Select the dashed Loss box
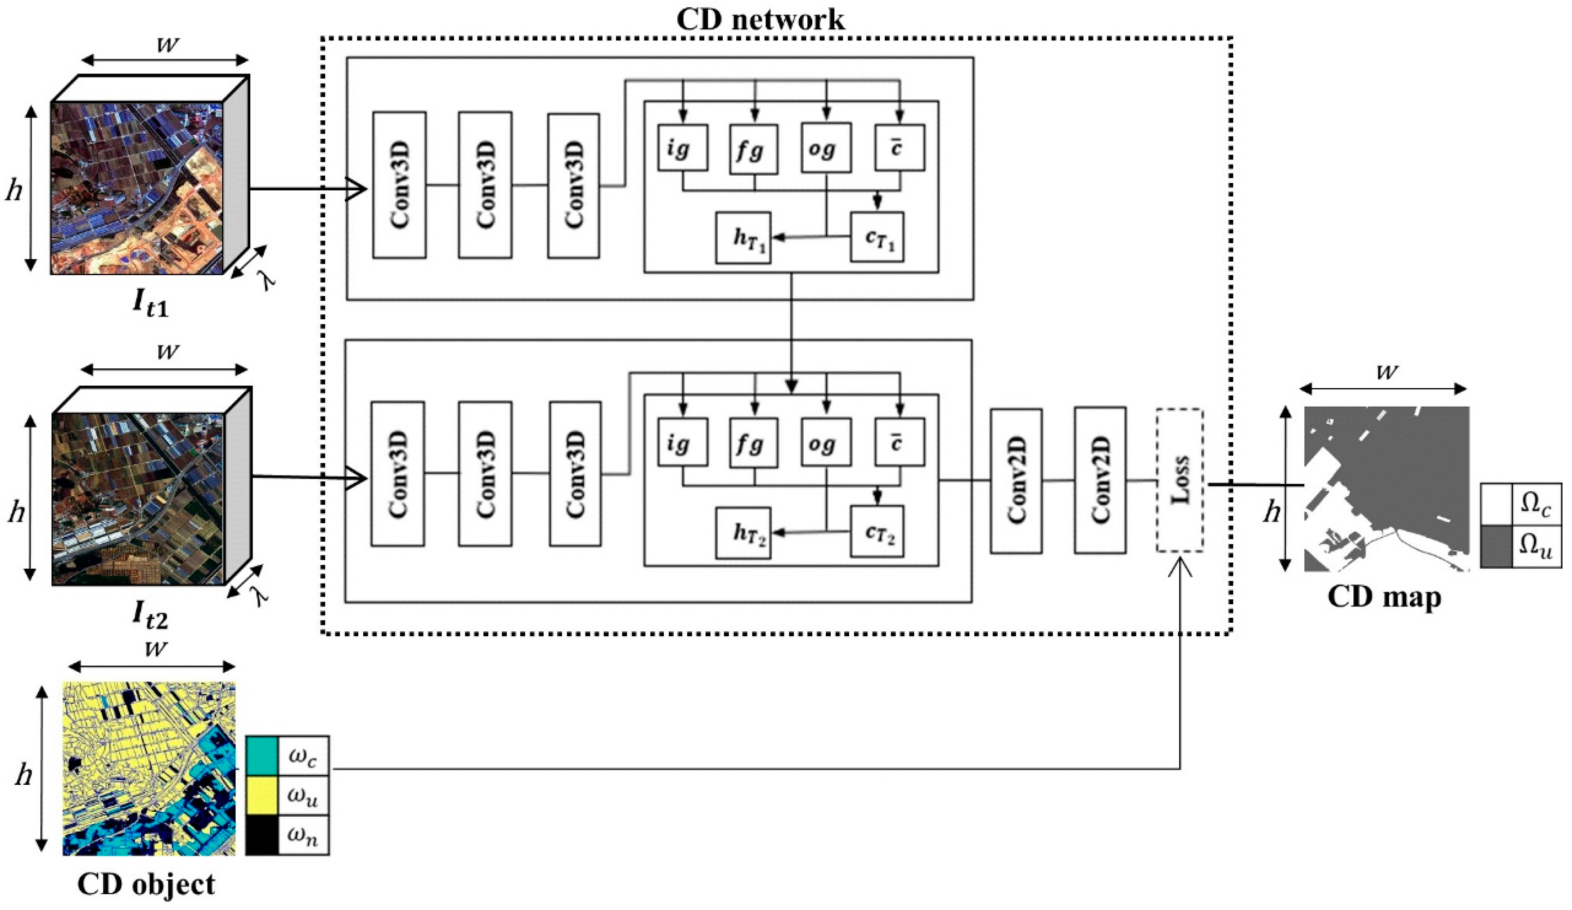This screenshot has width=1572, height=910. (x=1179, y=480)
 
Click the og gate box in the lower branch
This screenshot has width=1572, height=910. (x=826, y=442)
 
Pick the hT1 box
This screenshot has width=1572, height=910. (x=743, y=237)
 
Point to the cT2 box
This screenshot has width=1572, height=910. (x=876, y=531)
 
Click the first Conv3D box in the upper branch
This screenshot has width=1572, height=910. (x=399, y=185)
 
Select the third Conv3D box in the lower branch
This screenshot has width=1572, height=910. (x=575, y=474)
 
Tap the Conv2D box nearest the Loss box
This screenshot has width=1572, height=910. (x=1100, y=480)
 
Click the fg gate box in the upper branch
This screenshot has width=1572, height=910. (x=753, y=149)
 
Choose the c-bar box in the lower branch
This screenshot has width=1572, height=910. (x=899, y=442)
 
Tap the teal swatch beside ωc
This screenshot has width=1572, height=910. (x=261, y=755)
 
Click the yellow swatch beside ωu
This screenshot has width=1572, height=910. (x=261, y=795)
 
